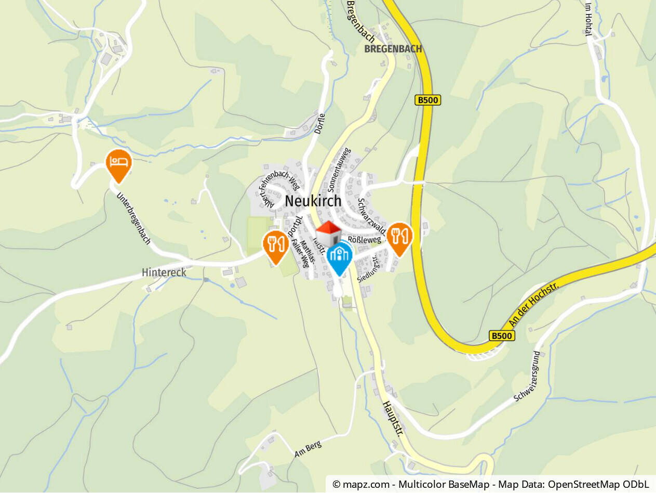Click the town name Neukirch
(313, 201)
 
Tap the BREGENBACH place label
(393, 49)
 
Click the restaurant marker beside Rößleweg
(399, 237)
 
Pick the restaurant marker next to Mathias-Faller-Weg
(275, 245)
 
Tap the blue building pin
(339, 256)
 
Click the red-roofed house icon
(329, 232)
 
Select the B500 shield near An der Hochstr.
(502, 335)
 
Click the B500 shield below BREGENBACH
(428, 100)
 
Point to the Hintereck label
(164, 273)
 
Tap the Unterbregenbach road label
(133, 219)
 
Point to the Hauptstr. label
(393, 419)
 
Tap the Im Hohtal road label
(588, 19)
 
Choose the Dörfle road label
(320, 124)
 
